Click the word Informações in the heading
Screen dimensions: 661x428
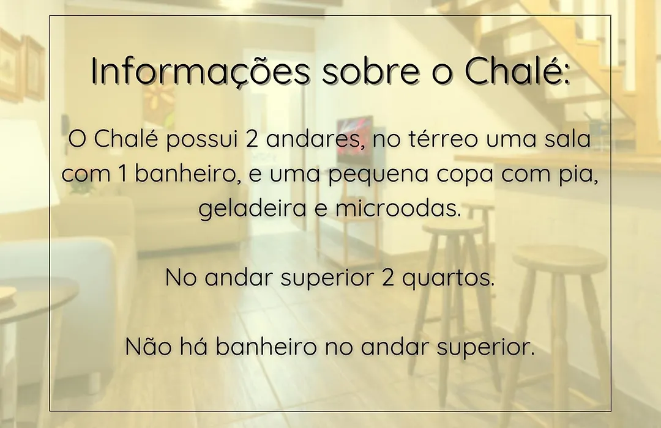(200, 71)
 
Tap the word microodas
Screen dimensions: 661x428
(398, 208)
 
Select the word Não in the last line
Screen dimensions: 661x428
(148, 346)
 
